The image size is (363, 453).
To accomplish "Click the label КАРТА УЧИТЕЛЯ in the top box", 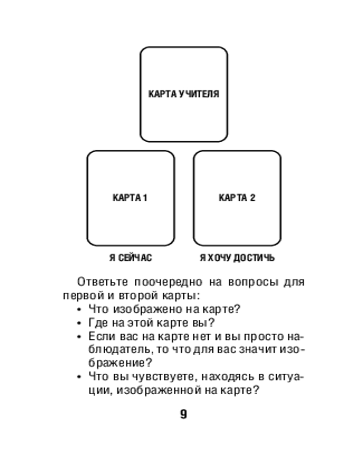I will point(184,94).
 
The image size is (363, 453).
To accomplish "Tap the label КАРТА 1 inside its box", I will point(130,198).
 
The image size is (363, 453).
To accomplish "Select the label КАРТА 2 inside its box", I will point(237,198).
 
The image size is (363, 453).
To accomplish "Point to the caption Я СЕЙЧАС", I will point(131,258).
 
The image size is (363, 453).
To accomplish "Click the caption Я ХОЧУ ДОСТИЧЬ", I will point(237,258).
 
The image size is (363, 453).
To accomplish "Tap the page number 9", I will point(183,414).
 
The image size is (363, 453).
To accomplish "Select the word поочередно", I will point(168,282).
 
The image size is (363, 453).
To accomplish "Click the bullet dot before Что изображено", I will point(79,311).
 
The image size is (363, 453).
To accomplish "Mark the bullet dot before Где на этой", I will point(79,324).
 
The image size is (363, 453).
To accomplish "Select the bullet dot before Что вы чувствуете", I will point(79,377).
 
